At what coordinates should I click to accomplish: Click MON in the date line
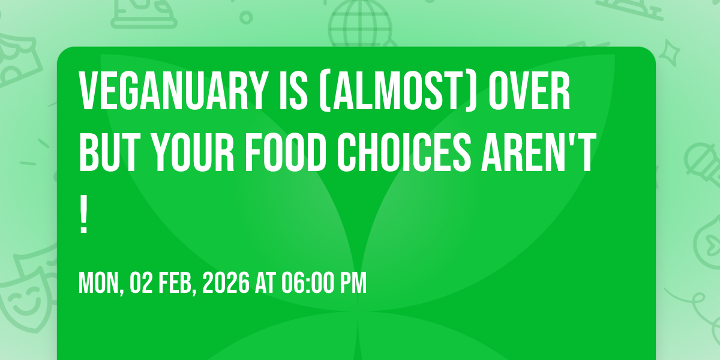(x=100, y=283)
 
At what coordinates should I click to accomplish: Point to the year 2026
(x=225, y=283)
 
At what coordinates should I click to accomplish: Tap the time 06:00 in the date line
(x=306, y=283)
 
